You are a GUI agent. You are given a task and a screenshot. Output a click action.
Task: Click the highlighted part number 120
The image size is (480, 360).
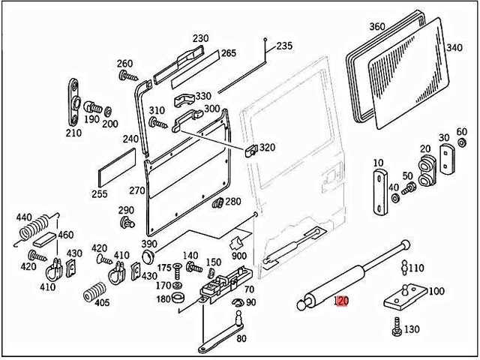(341, 302)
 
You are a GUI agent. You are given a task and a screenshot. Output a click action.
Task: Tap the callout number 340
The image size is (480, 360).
(454, 47)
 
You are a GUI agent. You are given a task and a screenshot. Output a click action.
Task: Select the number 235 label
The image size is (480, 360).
(284, 46)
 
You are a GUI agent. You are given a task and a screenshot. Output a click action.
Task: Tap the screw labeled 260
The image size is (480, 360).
(127, 76)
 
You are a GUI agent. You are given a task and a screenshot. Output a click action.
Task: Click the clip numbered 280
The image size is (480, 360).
(218, 202)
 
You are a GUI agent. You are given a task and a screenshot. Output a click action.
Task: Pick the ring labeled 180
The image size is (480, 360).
(180, 300)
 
